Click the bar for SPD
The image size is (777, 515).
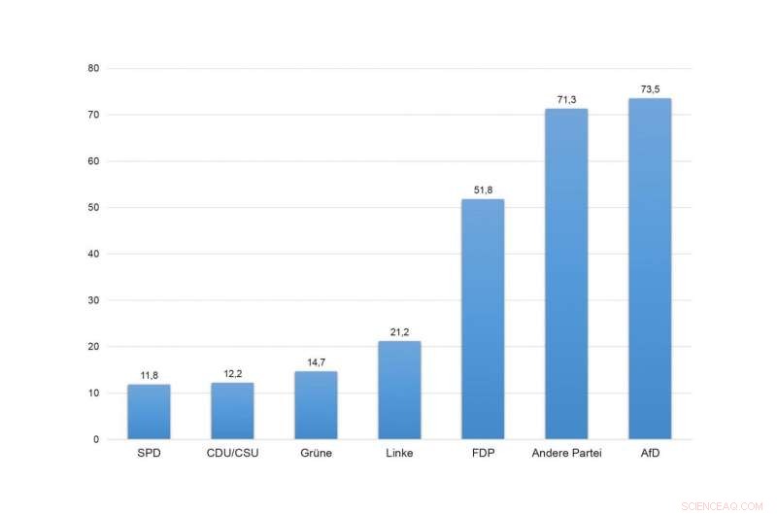pos(149,412)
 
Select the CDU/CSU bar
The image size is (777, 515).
pos(232,411)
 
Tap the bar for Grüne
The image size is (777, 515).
pos(316,405)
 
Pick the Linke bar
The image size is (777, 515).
pos(399,391)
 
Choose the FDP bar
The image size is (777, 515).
pos(483,320)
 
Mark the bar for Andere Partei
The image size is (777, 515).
pos(566,274)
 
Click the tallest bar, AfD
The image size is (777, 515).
pos(650,269)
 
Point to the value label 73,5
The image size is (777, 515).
pos(650,89)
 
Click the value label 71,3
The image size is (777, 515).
pos(566,99)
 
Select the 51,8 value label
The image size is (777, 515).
pos(483,190)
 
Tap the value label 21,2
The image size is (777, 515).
pos(399,332)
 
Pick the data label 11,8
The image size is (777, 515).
pos(149,375)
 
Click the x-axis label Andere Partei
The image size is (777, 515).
pos(566,454)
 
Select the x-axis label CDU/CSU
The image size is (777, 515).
pos(232,454)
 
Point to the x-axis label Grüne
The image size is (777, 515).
pos(316,454)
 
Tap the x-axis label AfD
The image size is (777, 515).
pos(650,454)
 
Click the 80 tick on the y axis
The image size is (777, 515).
pos(93,68)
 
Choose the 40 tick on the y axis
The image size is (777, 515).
pos(93,254)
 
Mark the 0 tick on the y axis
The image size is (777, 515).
pos(96,439)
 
